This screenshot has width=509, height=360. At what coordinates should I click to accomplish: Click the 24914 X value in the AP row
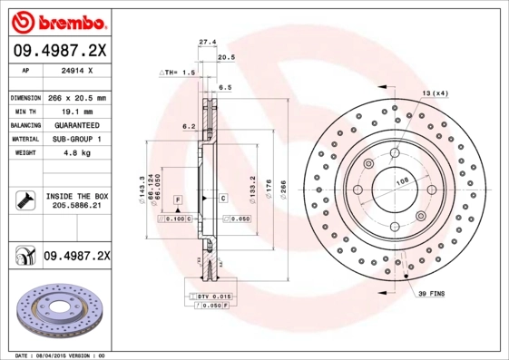tap(76, 69)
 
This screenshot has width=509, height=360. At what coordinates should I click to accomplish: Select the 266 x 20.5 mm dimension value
tap(76, 97)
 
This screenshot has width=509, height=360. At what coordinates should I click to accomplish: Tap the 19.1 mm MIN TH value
tap(76, 111)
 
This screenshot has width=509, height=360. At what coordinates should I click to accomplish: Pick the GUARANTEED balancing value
tap(76, 124)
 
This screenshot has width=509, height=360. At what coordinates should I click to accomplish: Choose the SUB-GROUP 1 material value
tap(76, 139)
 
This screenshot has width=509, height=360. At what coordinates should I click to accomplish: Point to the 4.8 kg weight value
tap(76, 153)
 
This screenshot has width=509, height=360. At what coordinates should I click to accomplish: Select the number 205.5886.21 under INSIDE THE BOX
tap(76, 207)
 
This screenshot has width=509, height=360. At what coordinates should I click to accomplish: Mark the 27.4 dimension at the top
tap(207, 41)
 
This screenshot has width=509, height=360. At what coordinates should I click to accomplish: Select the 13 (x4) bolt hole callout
tap(435, 93)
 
